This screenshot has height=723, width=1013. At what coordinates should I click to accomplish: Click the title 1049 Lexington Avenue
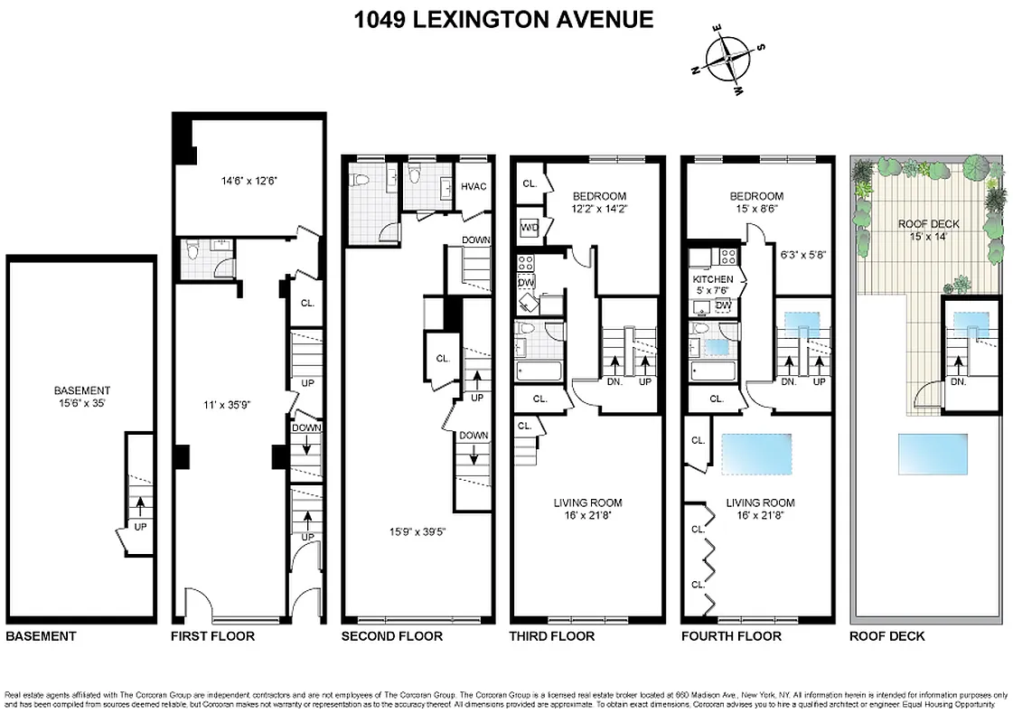pyautogui.click(x=505, y=20)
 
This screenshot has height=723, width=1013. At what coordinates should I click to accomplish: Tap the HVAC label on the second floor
pyautogui.click(x=474, y=186)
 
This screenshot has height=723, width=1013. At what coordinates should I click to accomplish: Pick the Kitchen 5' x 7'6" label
pyautogui.click(x=713, y=286)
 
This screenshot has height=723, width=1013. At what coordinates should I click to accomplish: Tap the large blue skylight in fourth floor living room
pyautogui.click(x=756, y=455)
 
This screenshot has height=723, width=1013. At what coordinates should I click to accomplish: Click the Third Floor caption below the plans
pyautogui.click(x=551, y=636)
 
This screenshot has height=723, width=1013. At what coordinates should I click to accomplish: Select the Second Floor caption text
pyautogui.click(x=391, y=636)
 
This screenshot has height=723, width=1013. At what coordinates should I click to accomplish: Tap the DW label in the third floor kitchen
pyautogui.click(x=527, y=282)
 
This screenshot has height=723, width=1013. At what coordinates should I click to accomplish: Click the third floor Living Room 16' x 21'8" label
pyautogui.click(x=587, y=509)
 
